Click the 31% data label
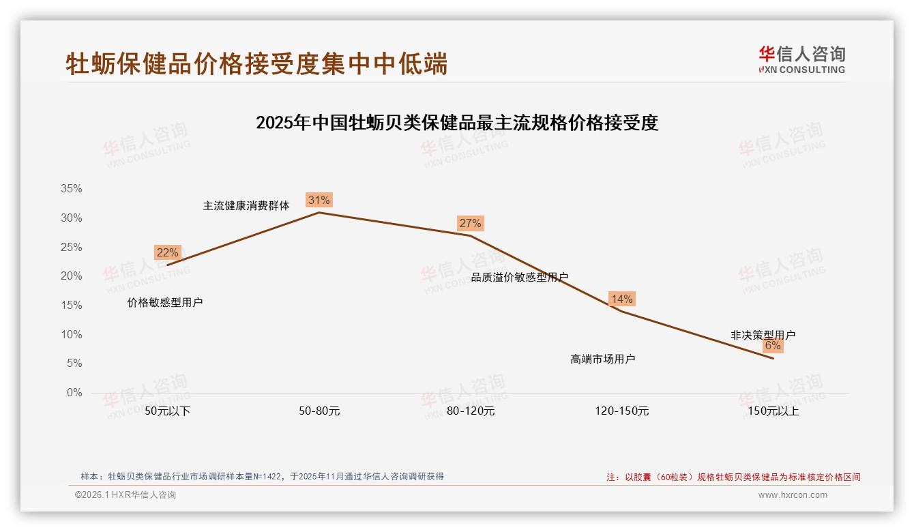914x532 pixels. pyautogui.click(x=319, y=200)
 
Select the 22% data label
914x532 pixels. pyautogui.click(x=167, y=252)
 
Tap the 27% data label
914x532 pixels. pyautogui.click(x=470, y=223)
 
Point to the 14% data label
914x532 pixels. pyautogui.click(x=621, y=299)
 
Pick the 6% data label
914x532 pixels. pyautogui.click(x=772, y=346)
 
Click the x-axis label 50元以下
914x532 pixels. pyautogui.click(x=167, y=411)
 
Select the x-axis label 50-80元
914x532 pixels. pyautogui.click(x=319, y=411)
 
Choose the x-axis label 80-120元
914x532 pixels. pyautogui.click(x=470, y=411)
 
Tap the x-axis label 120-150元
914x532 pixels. pyautogui.click(x=621, y=411)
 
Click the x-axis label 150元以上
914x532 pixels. pyautogui.click(x=773, y=411)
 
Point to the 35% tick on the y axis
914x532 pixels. pyautogui.click(x=71, y=189)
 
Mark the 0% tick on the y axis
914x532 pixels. pyautogui.click(x=74, y=393)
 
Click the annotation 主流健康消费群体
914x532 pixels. pyautogui.click(x=246, y=205)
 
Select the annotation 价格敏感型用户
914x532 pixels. pyautogui.click(x=164, y=302)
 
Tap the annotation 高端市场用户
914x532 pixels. pyautogui.click(x=602, y=359)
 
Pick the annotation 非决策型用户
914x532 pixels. pyautogui.click(x=763, y=335)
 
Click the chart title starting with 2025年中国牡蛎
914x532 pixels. pyautogui.click(x=456, y=123)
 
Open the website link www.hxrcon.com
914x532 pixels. pyautogui.click(x=792, y=495)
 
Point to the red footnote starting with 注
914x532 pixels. pyautogui.click(x=733, y=477)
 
